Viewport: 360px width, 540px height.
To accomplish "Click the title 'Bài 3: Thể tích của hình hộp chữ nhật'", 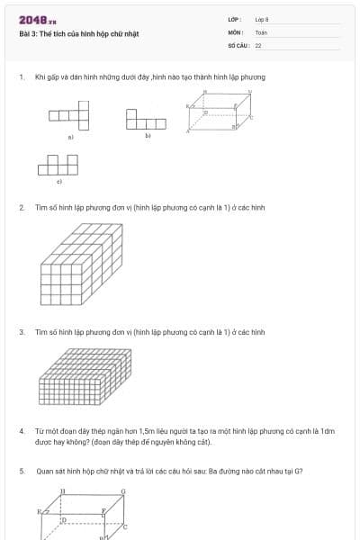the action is pyautogui.click(x=79, y=34).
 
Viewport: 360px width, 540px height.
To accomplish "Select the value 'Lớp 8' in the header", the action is pyautogui.click(x=262, y=19).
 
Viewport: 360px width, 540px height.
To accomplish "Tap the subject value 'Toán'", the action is pyautogui.click(x=261, y=31).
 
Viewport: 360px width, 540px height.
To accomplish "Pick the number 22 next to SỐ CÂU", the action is pyautogui.click(x=258, y=44).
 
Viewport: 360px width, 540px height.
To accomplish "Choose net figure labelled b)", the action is pyautogui.click(x=146, y=120).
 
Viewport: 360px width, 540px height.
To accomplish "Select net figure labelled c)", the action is pyautogui.click(x=58, y=165).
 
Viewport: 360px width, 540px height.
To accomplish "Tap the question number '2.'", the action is pyautogui.click(x=22, y=207).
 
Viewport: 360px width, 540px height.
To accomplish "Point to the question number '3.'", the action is pyautogui.click(x=22, y=332).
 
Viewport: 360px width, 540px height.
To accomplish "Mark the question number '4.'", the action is pyautogui.click(x=22, y=431).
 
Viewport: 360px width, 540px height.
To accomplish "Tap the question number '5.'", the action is pyautogui.click(x=22, y=470).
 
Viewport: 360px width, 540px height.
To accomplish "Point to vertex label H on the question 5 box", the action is pyautogui.click(x=62, y=491).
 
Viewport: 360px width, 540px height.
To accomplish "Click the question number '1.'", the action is pyautogui.click(x=22, y=77).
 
